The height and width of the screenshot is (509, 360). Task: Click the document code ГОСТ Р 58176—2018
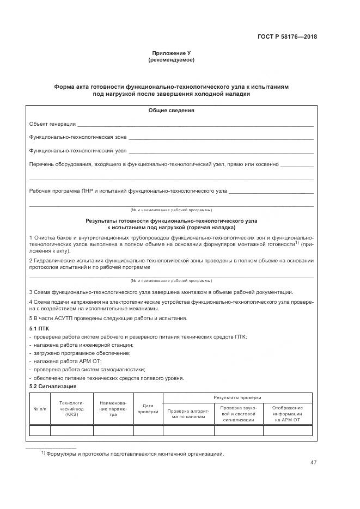pos(287,37)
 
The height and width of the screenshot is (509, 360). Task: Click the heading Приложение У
pos(171,53)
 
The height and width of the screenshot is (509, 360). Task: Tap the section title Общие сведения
pos(171,111)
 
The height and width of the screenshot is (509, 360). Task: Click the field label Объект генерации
pos(52,124)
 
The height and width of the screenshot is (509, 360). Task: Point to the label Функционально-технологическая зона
pos(77,137)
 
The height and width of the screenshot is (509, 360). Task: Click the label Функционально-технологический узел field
pos(77,150)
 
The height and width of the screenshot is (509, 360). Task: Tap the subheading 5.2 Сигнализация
pos(52,386)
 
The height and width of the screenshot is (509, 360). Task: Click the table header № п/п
pos(40,408)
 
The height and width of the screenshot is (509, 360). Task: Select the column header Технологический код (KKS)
pos(72,408)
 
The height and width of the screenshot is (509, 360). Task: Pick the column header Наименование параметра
pos(113,408)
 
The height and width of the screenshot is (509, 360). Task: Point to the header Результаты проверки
pos(237,397)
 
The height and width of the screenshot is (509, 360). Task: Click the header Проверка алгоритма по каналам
pos(188,414)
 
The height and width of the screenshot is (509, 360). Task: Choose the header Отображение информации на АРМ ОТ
pos(288,414)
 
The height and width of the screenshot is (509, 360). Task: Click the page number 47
pos(313,463)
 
